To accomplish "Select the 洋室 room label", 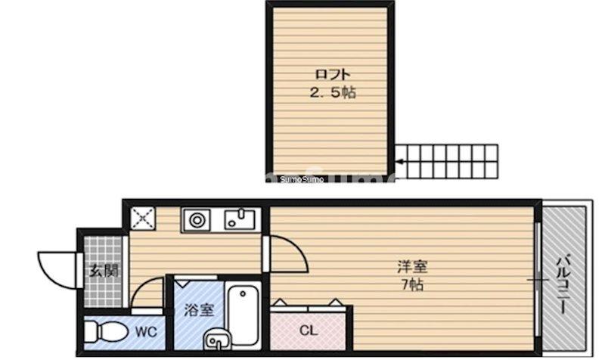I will [x=412, y=267].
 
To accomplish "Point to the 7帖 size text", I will [x=412, y=285].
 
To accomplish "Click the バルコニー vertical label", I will [x=563, y=285].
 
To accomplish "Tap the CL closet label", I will [x=307, y=331].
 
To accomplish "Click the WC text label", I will [x=145, y=331].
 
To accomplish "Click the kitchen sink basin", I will [x=240, y=221].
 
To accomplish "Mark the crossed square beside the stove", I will [x=141, y=219].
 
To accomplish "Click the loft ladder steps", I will [x=450, y=160].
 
